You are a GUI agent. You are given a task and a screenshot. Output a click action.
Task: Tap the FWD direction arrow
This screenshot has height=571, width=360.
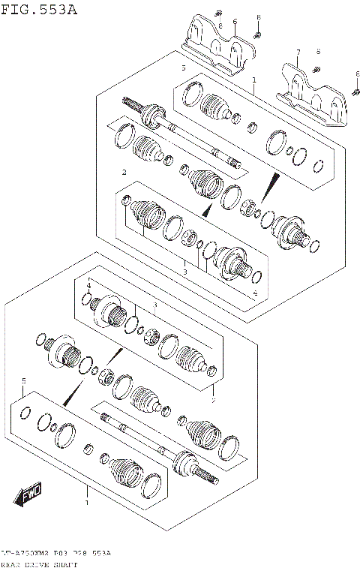(28, 494)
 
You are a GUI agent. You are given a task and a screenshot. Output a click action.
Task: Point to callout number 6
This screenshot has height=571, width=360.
(235, 22)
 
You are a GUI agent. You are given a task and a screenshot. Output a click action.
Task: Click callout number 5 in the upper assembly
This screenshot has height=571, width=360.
(181, 68)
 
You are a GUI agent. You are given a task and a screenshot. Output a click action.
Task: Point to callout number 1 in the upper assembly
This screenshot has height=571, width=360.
(254, 80)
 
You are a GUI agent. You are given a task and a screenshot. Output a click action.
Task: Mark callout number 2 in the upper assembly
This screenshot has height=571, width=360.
(124, 173)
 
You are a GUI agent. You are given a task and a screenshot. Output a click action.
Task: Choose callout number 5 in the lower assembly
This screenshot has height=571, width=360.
(24, 380)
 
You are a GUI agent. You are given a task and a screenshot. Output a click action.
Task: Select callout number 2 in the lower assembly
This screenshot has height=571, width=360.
(212, 401)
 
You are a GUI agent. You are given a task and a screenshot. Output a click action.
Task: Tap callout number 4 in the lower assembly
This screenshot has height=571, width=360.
(88, 286)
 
